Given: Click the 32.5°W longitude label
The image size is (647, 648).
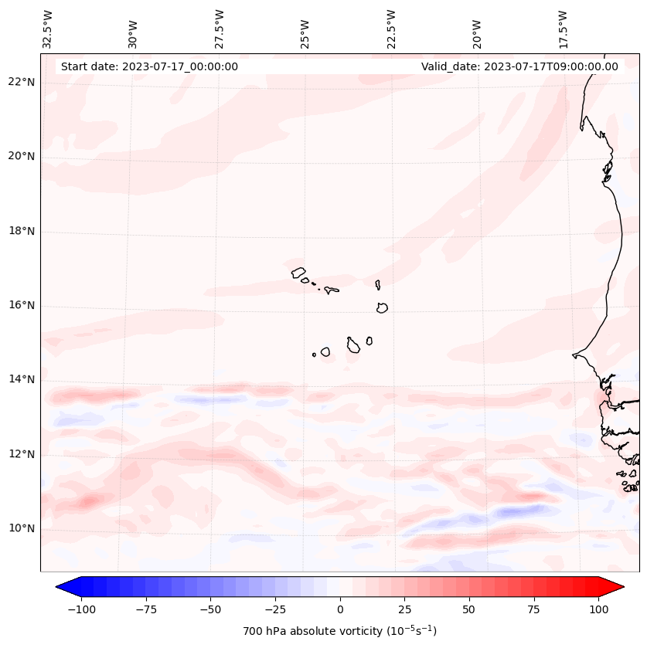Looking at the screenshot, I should [48, 29].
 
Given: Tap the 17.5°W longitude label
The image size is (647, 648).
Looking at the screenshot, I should [563, 29].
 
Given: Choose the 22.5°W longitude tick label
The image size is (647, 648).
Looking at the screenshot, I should [391, 29].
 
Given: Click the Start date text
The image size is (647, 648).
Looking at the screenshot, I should [149, 66].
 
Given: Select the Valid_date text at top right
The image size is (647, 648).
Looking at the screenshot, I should [519, 66].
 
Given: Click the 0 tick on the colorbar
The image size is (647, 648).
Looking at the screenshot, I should [339, 609].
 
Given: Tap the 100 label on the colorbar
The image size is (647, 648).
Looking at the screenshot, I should [598, 609].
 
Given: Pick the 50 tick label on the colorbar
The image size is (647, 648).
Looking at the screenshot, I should [469, 609].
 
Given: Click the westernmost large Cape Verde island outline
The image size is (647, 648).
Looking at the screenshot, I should [298, 272].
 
